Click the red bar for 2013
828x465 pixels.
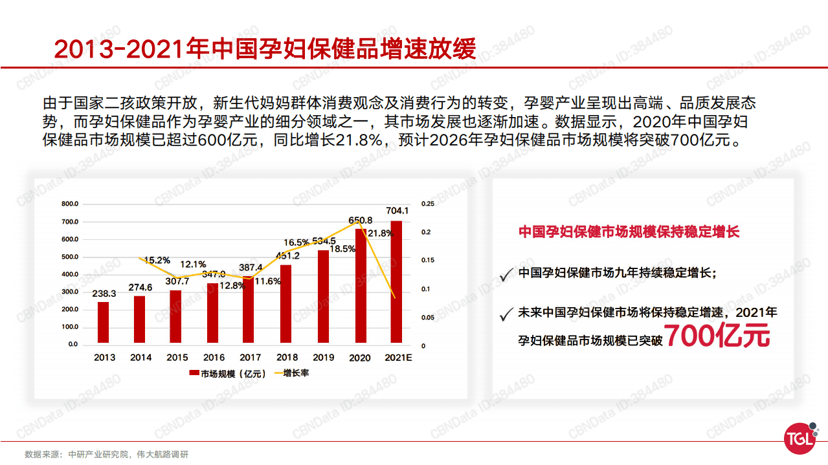[x=104, y=323]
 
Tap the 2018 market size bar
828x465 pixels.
[x=286, y=305]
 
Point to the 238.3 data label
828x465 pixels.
[x=104, y=294]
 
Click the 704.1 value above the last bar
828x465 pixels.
[x=397, y=211]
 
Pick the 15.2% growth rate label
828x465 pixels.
[x=157, y=260]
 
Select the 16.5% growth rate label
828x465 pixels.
[x=297, y=243]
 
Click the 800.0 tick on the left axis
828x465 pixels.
[x=70, y=204]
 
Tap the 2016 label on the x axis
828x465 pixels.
[x=214, y=358]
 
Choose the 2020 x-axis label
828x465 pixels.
[x=360, y=358]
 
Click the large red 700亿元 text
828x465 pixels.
[x=718, y=336]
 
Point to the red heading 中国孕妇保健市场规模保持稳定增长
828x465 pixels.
[x=629, y=232]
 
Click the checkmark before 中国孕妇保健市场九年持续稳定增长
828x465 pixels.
[x=506, y=276]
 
